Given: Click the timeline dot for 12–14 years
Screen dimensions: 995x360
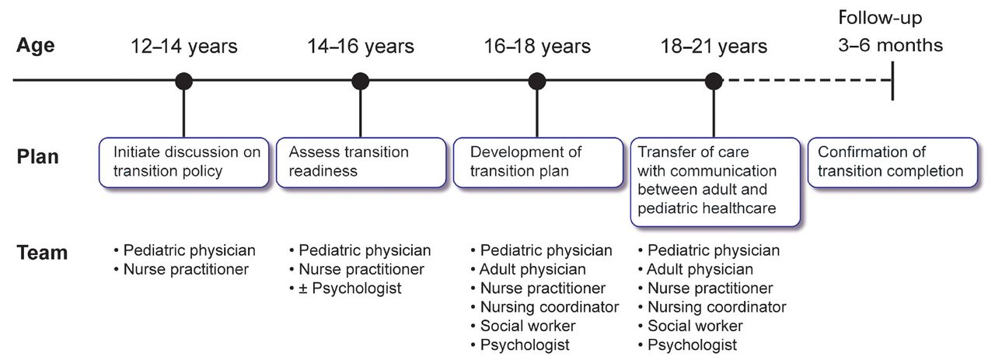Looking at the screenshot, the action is pos(183,82).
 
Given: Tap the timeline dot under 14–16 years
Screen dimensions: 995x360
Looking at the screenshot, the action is pos(360,82).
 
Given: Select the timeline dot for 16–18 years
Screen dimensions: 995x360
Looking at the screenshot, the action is pos(537,82).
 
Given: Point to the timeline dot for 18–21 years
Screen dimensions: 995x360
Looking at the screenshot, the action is pos(714,82).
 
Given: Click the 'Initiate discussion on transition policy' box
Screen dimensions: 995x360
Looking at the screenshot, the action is pos(184,163).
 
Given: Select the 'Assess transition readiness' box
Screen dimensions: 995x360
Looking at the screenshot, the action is pos(361,163).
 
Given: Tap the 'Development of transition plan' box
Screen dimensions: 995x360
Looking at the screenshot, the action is pos(538,163).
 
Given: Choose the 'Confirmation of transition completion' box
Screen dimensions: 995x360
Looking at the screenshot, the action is pos(893,163).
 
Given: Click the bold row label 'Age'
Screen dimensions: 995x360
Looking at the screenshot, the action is pos(36,45).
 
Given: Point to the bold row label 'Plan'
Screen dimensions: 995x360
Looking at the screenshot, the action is pos(38,157).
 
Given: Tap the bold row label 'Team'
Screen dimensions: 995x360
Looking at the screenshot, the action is pos(42,253).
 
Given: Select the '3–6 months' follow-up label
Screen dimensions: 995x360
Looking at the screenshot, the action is pos(890,45).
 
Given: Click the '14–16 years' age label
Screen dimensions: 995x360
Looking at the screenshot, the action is pos(361,46).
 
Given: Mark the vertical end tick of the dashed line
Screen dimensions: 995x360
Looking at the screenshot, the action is pos(892,81).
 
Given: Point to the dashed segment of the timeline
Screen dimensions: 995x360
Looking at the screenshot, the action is pos(807,80).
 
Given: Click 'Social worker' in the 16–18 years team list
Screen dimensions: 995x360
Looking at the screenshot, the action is pos(528,326).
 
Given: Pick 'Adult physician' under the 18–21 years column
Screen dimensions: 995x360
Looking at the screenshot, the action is pos(700,269).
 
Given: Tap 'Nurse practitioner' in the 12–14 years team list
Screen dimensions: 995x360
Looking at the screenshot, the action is pos(186,269).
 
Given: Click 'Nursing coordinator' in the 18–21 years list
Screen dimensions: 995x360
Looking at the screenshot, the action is pos(717,307).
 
